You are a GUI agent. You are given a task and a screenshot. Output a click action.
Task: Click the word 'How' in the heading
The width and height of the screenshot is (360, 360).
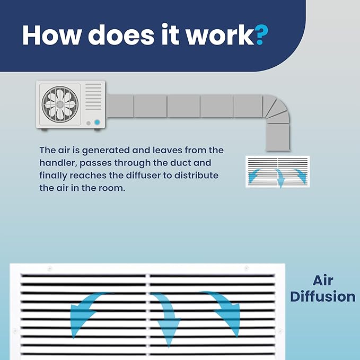point(52,35)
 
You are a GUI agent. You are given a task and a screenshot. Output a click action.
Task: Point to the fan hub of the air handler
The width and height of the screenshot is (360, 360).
point(60,104)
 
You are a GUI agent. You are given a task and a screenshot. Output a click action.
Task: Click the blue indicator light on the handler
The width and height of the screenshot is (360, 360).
point(97,122)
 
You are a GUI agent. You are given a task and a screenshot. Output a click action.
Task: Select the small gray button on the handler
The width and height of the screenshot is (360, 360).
point(89,124)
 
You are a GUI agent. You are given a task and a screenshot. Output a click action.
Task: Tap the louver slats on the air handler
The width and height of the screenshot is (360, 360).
point(93,96)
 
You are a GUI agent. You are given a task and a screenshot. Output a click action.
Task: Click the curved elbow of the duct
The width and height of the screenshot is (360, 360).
point(277,108)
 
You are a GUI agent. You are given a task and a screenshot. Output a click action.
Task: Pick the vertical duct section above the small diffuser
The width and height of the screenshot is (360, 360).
point(278,137)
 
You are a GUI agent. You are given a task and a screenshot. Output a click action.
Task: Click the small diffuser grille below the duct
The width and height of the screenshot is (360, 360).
point(278,171)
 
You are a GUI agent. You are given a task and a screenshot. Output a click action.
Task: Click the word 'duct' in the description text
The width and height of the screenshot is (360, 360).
point(180,163)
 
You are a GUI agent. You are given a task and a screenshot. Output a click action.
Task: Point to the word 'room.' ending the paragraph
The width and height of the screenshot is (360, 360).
point(112,188)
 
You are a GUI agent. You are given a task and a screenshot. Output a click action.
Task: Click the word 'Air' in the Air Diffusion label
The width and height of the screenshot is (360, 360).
point(323,280)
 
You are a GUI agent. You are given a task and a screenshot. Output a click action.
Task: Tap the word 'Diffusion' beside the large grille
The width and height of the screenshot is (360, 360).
point(323,296)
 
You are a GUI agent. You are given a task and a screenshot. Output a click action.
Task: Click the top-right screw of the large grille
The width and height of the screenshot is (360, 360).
point(247,268)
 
